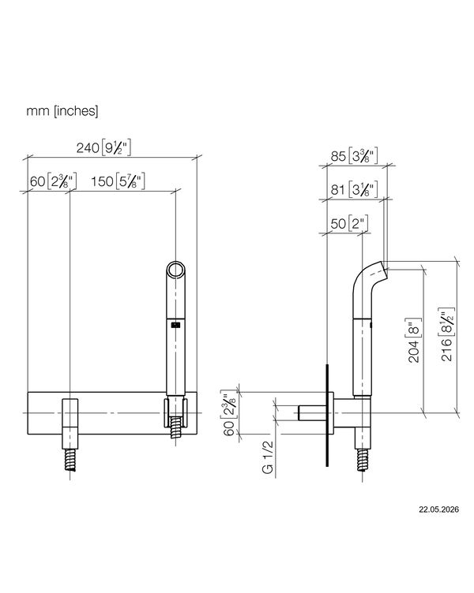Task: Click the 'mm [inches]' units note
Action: tap(62, 111)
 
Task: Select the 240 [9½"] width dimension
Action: tap(103, 147)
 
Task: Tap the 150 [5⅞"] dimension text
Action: tap(118, 181)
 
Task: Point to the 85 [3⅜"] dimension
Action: tap(354, 156)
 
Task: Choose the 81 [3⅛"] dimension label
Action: tap(354, 189)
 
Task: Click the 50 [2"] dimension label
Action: tap(349, 223)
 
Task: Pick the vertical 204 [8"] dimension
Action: tap(414, 341)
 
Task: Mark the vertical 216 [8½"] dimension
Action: tap(447, 334)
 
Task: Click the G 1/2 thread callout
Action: tap(268, 457)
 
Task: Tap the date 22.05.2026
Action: tap(438, 509)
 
